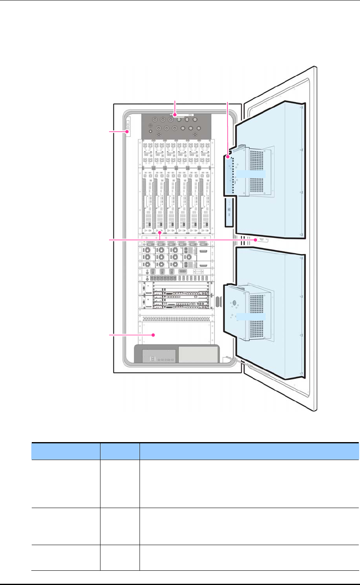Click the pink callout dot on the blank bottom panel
click(153, 335)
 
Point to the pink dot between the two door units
click(256, 240)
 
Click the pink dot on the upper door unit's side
click(228, 156)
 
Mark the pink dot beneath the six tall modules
click(161, 233)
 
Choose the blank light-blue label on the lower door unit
click(251, 317)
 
